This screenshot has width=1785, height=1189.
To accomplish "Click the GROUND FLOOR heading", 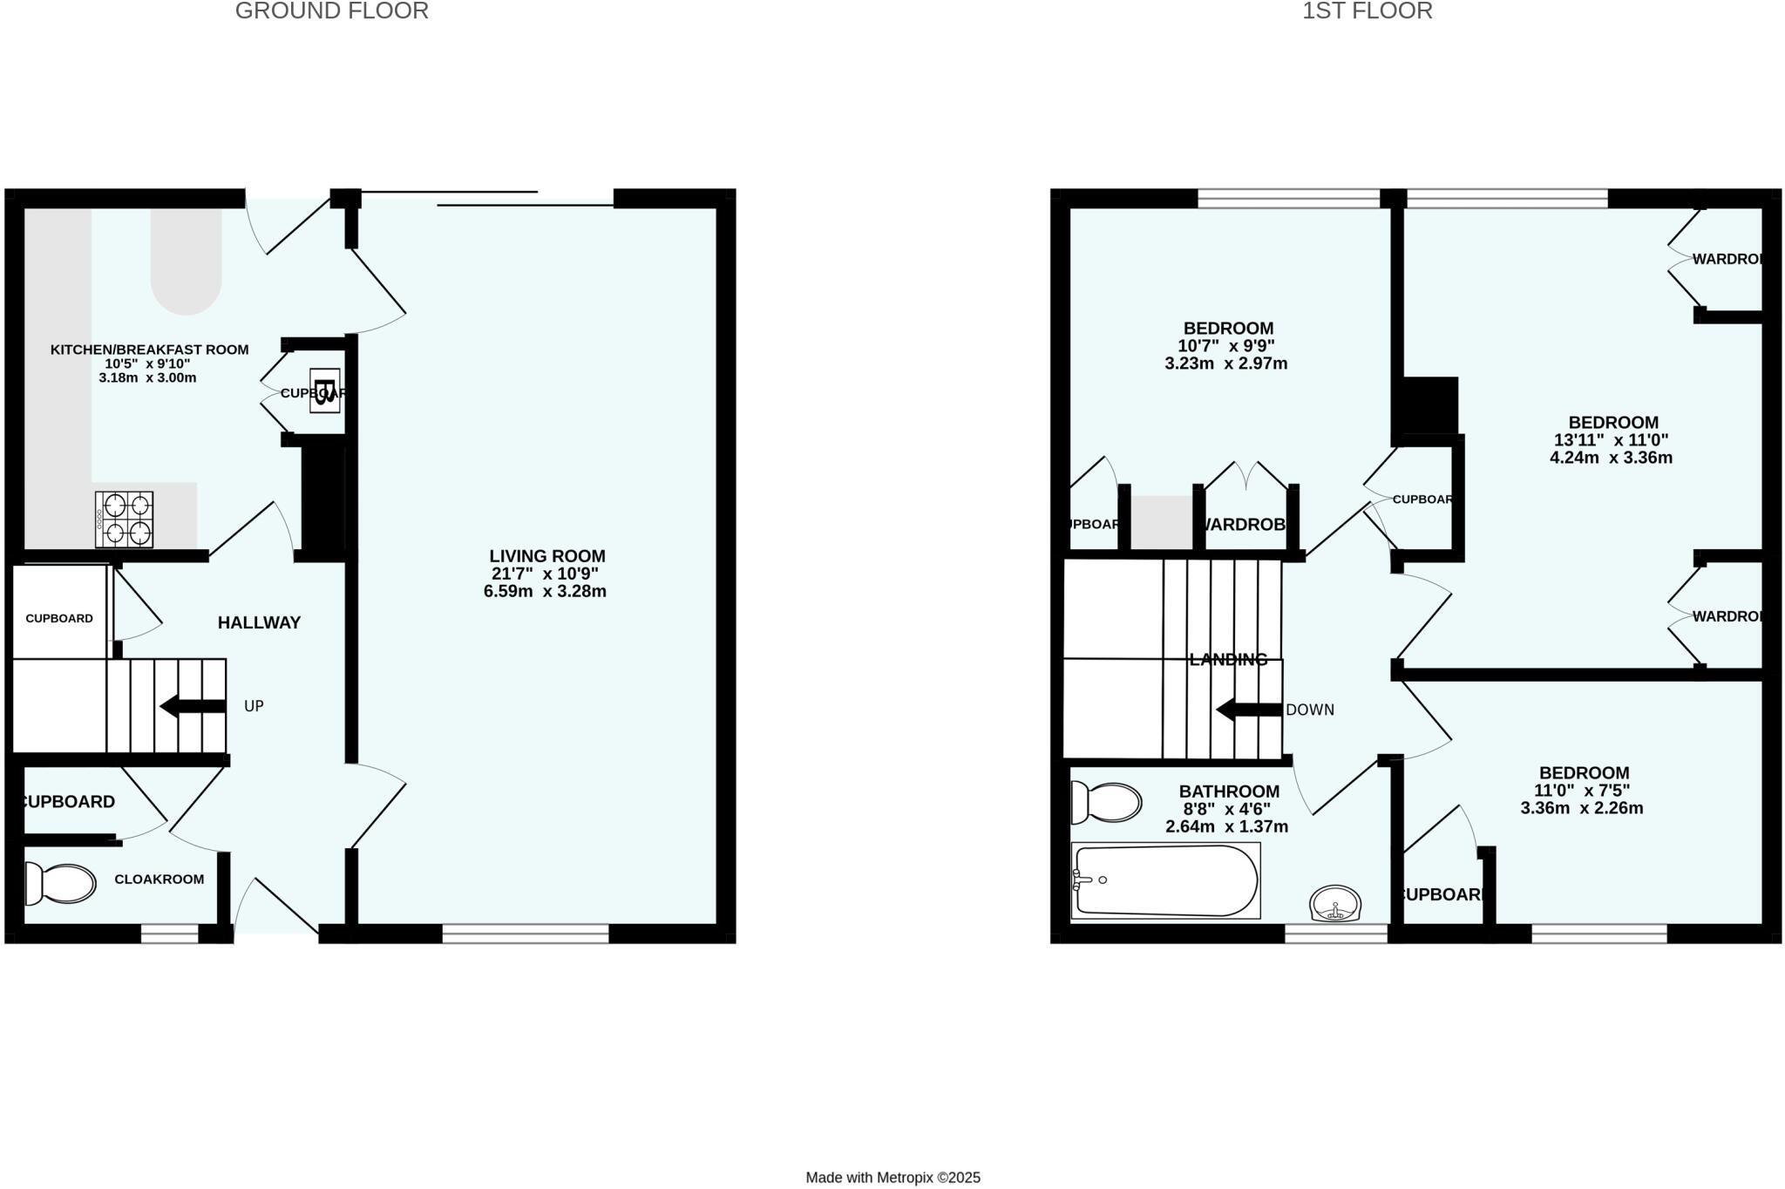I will (331, 11).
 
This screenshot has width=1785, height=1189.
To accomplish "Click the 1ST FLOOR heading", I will (1367, 11).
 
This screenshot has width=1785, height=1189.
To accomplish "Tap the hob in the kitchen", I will (125, 520).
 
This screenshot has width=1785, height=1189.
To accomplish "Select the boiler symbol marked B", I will (324, 390).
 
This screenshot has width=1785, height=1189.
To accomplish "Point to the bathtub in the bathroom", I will (1165, 880).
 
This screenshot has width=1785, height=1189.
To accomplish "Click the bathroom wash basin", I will (1334, 903).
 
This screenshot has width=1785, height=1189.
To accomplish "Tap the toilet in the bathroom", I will (1107, 802).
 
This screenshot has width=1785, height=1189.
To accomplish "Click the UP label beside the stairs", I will (254, 706).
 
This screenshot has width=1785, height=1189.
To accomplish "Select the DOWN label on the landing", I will (1309, 710).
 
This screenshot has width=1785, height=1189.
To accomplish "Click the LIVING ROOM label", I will (546, 556).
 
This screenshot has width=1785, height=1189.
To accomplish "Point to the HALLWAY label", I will (259, 622).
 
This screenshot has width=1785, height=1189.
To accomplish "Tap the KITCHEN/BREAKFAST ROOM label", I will (149, 350).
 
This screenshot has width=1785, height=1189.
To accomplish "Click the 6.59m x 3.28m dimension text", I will (545, 592).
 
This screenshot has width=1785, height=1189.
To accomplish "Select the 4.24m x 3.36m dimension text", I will (1611, 458).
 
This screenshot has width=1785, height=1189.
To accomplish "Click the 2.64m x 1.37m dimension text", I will (1226, 826).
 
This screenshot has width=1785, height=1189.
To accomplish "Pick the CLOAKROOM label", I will (159, 879).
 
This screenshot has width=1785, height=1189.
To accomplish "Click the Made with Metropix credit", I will (892, 1178).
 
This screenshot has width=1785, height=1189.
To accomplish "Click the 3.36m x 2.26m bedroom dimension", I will (1582, 808).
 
